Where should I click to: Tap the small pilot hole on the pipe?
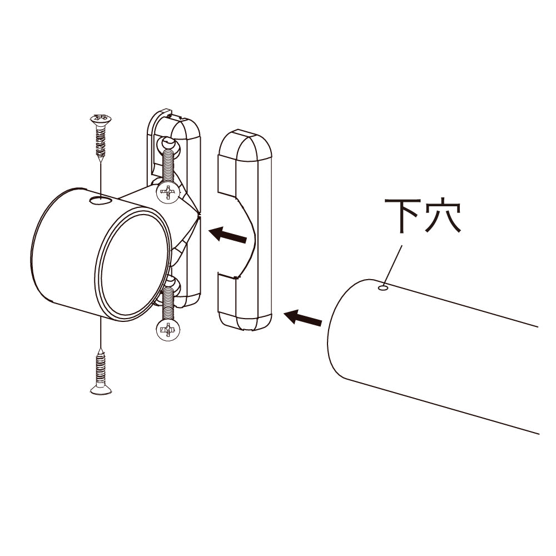point(383,287)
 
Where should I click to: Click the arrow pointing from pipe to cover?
point(303,317)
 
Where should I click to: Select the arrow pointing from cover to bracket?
point(227,235)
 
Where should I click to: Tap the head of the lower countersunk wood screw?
point(101,390)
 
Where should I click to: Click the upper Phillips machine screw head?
point(168,193)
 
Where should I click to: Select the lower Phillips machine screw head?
point(168,330)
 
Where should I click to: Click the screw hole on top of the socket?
point(101,201)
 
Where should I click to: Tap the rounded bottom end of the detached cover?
point(245,321)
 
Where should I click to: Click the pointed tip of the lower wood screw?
point(101,350)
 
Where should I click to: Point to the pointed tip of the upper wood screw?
point(101,161)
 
